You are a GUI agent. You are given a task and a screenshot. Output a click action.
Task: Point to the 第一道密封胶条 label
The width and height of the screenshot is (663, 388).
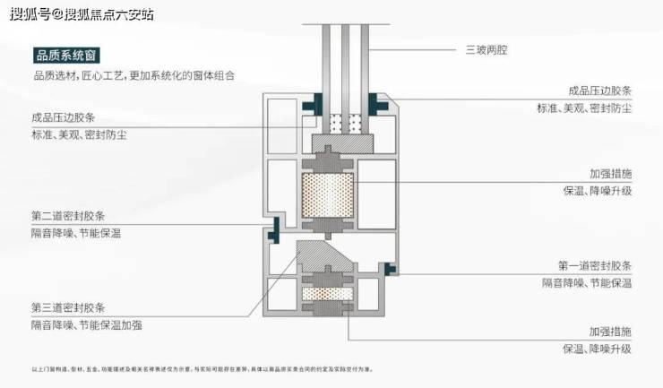coord(595,266)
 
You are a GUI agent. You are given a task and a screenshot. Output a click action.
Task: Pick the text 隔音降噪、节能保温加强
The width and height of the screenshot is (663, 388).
coord(88,323)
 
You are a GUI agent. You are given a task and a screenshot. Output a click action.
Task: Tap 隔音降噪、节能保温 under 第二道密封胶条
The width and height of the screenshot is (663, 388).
coord(76,233)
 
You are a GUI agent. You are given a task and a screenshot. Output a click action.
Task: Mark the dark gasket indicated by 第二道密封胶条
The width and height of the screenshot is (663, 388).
coord(276,228)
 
